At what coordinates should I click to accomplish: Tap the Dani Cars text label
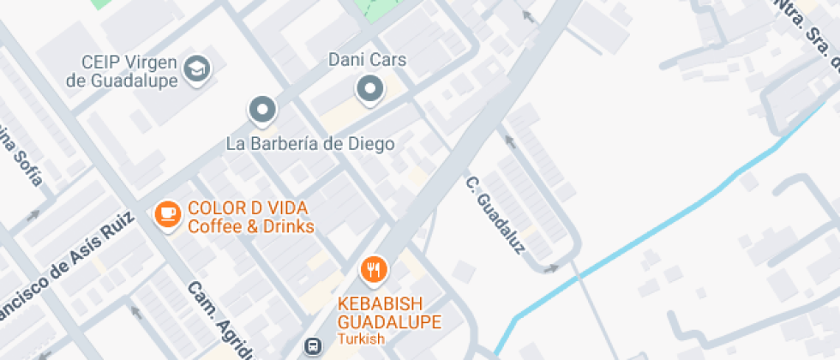(368, 61)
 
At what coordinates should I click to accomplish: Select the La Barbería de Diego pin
(262, 110)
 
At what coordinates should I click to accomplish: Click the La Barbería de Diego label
(310, 143)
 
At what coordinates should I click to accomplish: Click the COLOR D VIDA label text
(248, 207)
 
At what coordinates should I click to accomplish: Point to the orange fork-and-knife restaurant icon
(373, 270)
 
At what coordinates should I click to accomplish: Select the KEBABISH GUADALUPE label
(389, 313)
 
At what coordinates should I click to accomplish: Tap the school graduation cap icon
(200, 69)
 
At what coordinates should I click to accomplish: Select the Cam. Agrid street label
(222, 321)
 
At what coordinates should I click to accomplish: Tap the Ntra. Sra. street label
(806, 34)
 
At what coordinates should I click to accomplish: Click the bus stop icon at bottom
(313, 346)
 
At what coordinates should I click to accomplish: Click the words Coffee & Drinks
(251, 226)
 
